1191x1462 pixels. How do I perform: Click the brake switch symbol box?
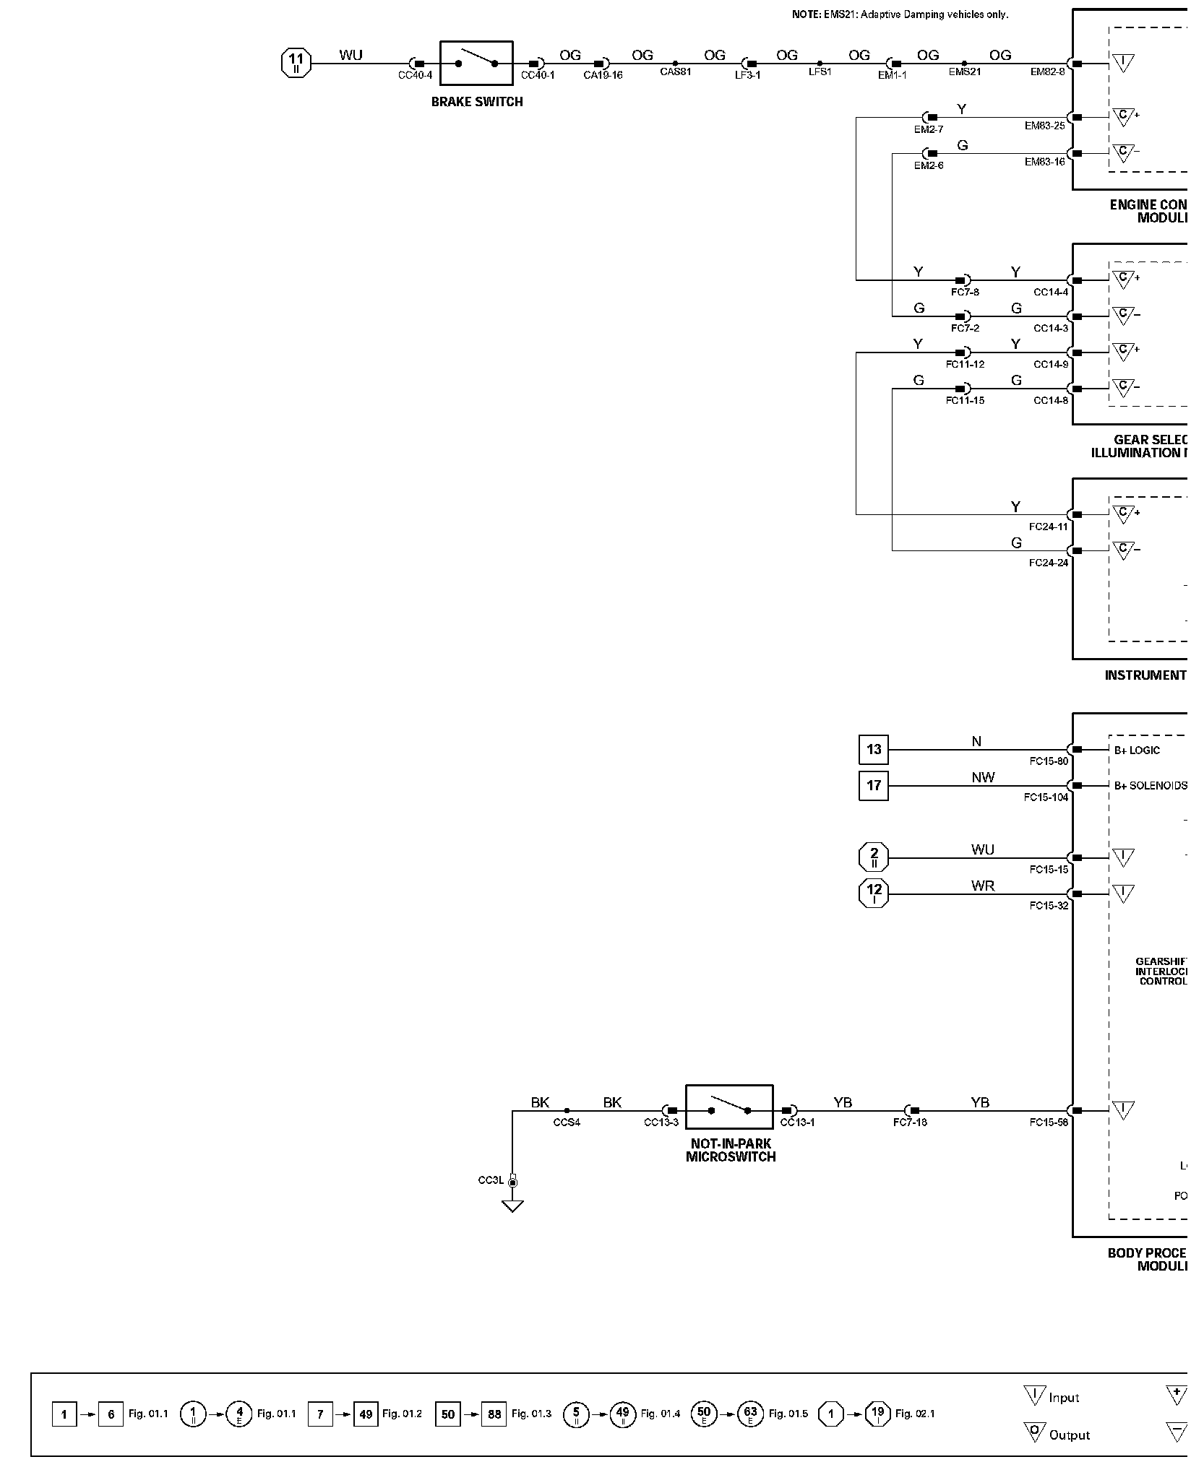[x=476, y=64]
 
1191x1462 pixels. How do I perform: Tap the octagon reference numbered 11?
[x=296, y=64]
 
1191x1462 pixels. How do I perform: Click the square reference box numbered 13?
[x=873, y=750]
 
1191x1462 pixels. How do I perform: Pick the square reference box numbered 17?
[x=873, y=786]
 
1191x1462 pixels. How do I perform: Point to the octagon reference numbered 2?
[x=873, y=858]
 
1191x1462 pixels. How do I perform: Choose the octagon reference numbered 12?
[x=873, y=894]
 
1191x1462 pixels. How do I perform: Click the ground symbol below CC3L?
[x=512, y=1206]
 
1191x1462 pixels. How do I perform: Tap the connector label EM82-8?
[x=1047, y=72]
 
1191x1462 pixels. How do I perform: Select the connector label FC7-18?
[x=910, y=1123]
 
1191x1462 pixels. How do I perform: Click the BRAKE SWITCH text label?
[x=477, y=102]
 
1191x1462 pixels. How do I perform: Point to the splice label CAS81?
[x=675, y=72]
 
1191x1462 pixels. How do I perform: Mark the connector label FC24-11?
[x=1048, y=527]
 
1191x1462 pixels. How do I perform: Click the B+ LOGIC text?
[x=1137, y=751]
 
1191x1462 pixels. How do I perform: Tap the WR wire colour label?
[x=983, y=886]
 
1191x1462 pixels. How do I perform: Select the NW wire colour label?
[x=983, y=778]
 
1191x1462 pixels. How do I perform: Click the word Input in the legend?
[x=1064, y=1398]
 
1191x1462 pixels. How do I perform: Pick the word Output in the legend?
[x=1069, y=1435]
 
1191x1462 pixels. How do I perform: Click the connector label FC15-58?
[x=1049, y=1123]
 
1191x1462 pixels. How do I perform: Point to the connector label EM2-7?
[x=929, y=129]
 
